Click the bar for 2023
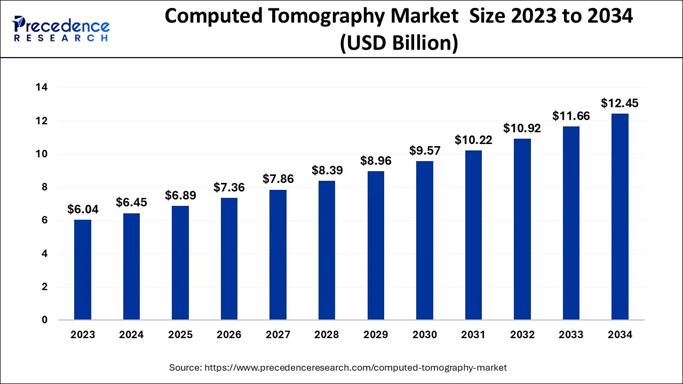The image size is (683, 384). pyautogui.click(x=83, y=270)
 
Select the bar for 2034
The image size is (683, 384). pyautogui.click(x=620, y=217)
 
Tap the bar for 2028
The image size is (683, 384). pyautogui.click(x=327, y=250)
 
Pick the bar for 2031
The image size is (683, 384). pyautogui.click(x=473, y=235)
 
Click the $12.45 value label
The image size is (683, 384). pyautogui.click(x=620, y=103)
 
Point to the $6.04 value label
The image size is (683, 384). pyautogui.click(x=83, y=210)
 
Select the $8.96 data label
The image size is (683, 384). pyautogui.click(x=376, y=161)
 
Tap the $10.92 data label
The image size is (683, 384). pyautogui.click(x=522, y=128)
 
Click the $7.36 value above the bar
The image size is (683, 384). pyautogui.click(x=229, y=187)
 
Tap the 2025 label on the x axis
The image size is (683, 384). pyautogui.click(x=180, y=335)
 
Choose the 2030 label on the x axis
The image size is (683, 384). pyautogui.click(x=424, y=335)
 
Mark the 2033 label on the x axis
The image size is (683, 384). pyautogui.click(x=571, y=335)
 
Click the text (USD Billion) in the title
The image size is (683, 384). pyautogui.click(x=399, y=43)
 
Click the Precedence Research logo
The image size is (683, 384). pyautogui.click(x=61, y=29)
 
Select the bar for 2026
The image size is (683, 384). pyautogui.click(x=229, y=259)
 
